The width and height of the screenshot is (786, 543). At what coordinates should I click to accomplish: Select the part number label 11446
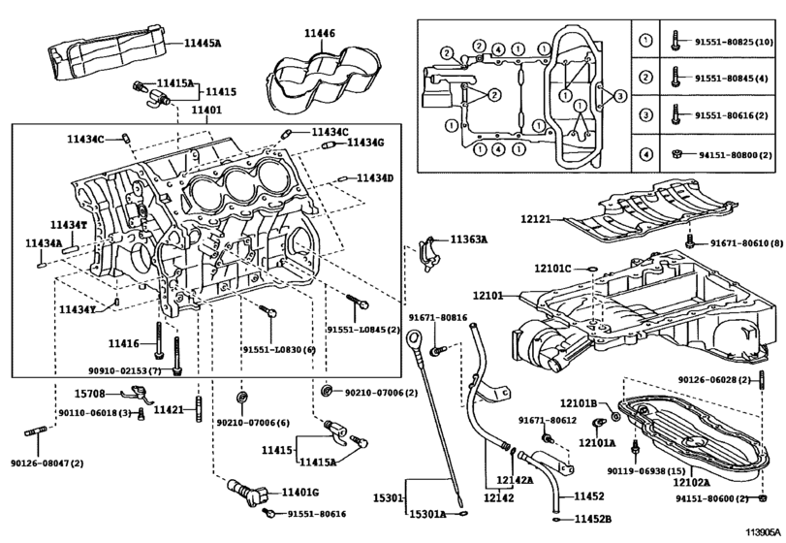pos(319,33)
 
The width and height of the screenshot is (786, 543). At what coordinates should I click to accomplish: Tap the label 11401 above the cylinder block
pos(206,112)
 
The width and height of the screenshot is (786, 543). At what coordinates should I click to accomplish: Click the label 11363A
pos(468,239)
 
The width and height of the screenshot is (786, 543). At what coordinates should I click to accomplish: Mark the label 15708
pos(89,393)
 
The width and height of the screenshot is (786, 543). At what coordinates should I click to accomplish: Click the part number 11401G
pos(300,494)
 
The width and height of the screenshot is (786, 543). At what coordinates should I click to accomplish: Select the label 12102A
pos(691,481)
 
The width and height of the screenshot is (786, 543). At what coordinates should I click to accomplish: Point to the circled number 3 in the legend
pos(645,115)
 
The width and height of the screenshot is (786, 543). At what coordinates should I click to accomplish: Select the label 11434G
pos(365,144)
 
